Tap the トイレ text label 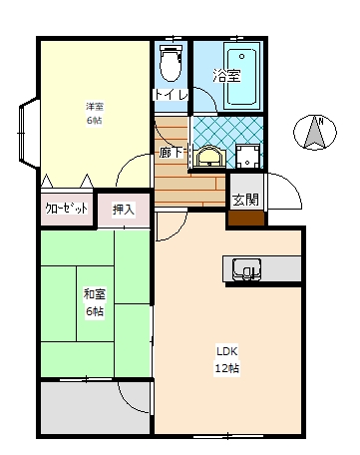click(x=166, y=95)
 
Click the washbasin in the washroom click(x=210, y=156)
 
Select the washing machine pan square click(x=247, y=155)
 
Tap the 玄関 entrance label click(x=244, y=199)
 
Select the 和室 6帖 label click(x=95, y=302)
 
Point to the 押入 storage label click(x=124, y=210)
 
